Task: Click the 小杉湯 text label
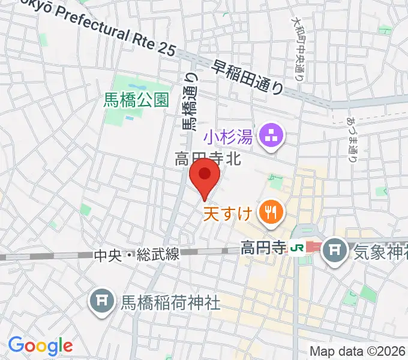pyautogui.click(x=227, y=138)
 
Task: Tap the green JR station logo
pyautogui.click(x=296, y=246)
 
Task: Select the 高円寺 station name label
pyautogui.click(x=262, y=246)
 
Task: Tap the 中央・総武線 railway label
pyautogui.click(x=137, y=255)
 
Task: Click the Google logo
pyautogui.click(x=40, y=346)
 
